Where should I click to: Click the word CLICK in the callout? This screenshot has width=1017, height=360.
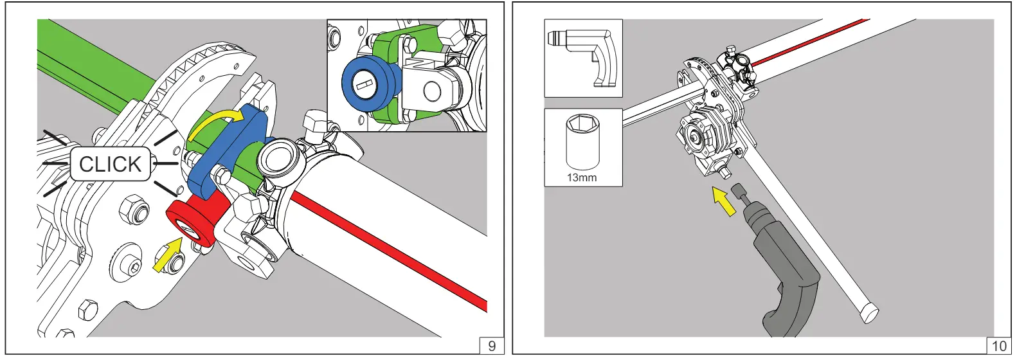click(110, 165)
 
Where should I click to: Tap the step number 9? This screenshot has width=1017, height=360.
click(492, 345)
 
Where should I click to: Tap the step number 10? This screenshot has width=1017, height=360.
click(998, 345)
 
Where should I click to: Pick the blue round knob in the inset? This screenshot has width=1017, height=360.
click(363, 84)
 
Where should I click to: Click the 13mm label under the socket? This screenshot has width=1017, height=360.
click(582, 177)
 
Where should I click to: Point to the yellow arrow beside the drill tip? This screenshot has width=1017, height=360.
click(724, 201)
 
